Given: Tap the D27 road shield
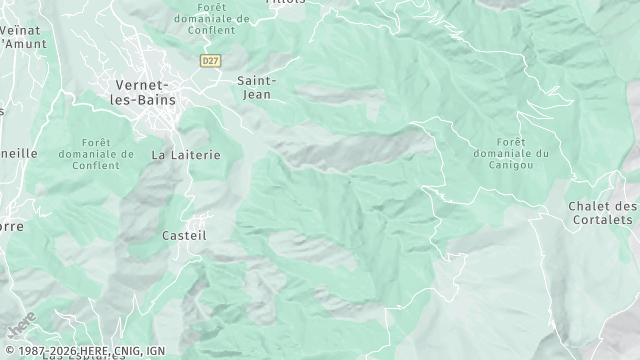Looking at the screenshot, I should click(x=209, y=61).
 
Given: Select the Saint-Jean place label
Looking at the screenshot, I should click(x=257, y=88).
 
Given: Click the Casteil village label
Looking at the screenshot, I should click(x=184, y=235).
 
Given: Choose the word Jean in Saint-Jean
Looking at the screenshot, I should click(x=257, y=95).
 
